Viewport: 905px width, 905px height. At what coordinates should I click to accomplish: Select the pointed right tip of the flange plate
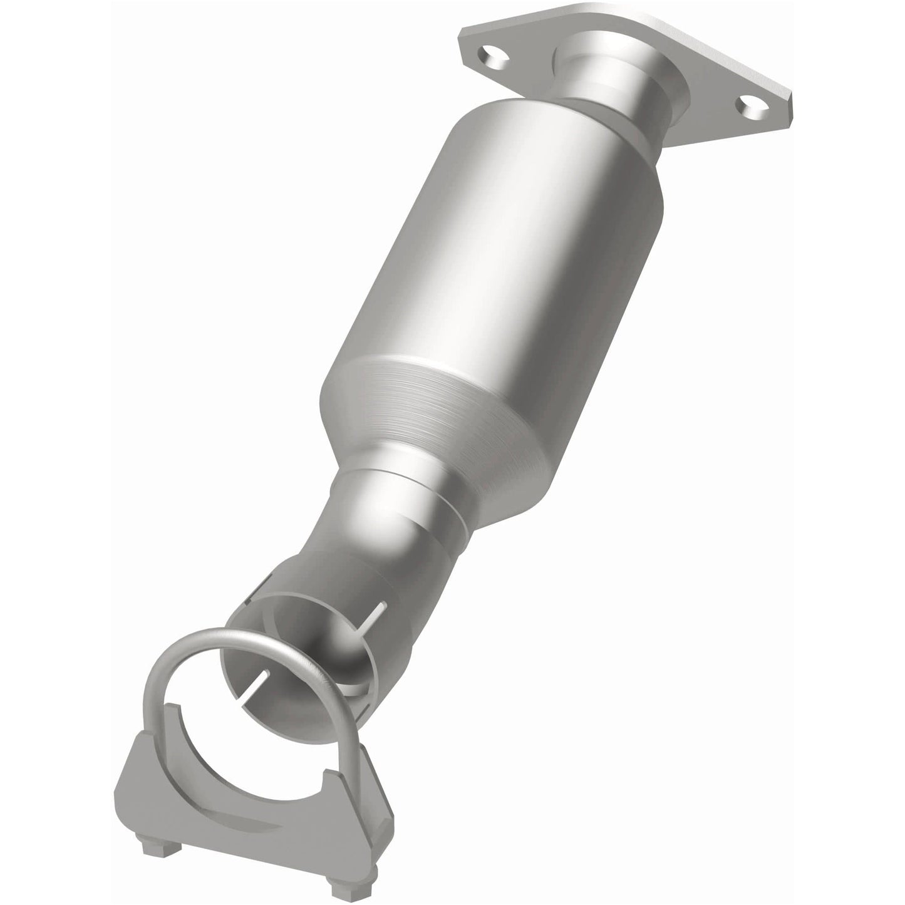[788, 100]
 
